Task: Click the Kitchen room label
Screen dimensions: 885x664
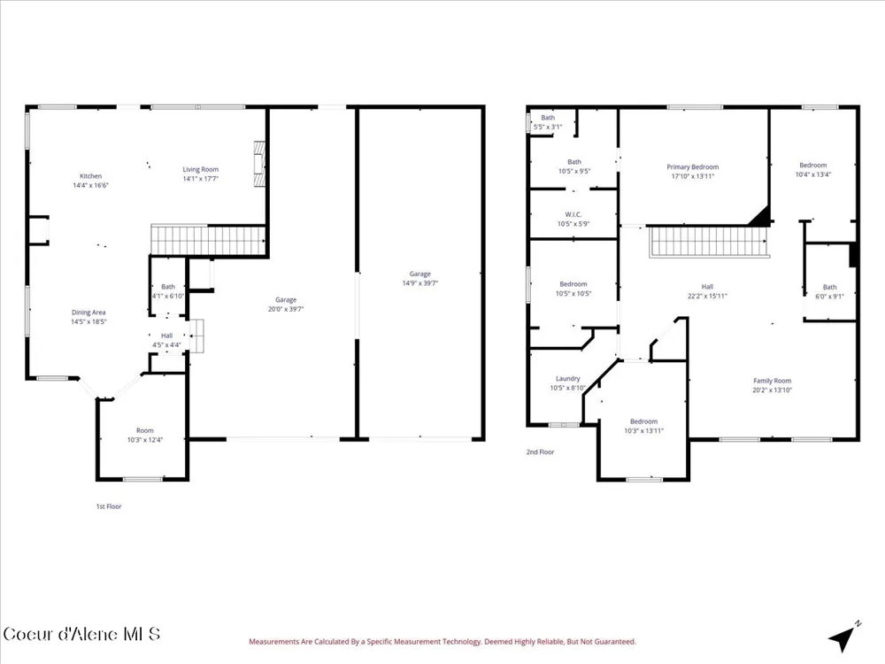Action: tap(90, 180)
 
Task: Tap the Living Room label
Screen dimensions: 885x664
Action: tap(200, 174)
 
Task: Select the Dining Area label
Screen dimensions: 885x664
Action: tap(88, 317)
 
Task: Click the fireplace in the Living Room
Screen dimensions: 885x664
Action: tap(259, 164)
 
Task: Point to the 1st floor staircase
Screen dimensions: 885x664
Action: tap(208, 241)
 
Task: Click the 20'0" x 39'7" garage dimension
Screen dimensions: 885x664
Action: tap(286, 309)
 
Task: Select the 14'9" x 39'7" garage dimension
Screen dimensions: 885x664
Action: tap(419, 283)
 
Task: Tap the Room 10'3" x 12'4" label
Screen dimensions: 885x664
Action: tap(145, 435)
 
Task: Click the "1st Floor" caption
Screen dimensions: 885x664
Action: tap(109, 506)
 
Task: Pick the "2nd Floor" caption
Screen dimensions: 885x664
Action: tap(540, 452)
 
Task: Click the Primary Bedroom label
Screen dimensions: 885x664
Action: tap(693, 171)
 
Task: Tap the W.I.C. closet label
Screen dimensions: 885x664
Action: tap(573, 219)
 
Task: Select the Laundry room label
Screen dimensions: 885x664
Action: tap(568, 382)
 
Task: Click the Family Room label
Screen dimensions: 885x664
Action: tap(772, 385)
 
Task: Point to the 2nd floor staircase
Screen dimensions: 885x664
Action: tap(709, 242)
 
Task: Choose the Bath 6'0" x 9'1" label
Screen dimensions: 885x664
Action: tap(830, 291)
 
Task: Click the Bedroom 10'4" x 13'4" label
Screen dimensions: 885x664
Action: tap(813, 169)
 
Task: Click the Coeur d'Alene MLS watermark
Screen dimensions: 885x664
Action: tap(81, 634)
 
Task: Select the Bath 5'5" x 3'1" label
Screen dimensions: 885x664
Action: tap(548, 122)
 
